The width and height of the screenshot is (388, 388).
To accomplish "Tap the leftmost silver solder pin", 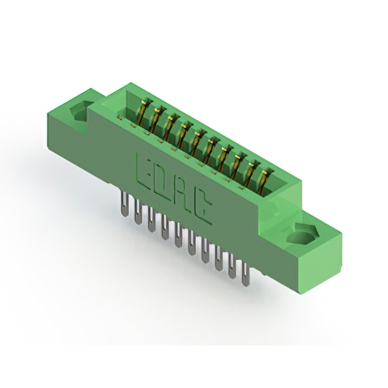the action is coord(125,205).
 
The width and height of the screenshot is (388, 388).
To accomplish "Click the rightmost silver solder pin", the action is coord(246,274).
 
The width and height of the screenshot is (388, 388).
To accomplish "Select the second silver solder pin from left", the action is coord(138,212).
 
